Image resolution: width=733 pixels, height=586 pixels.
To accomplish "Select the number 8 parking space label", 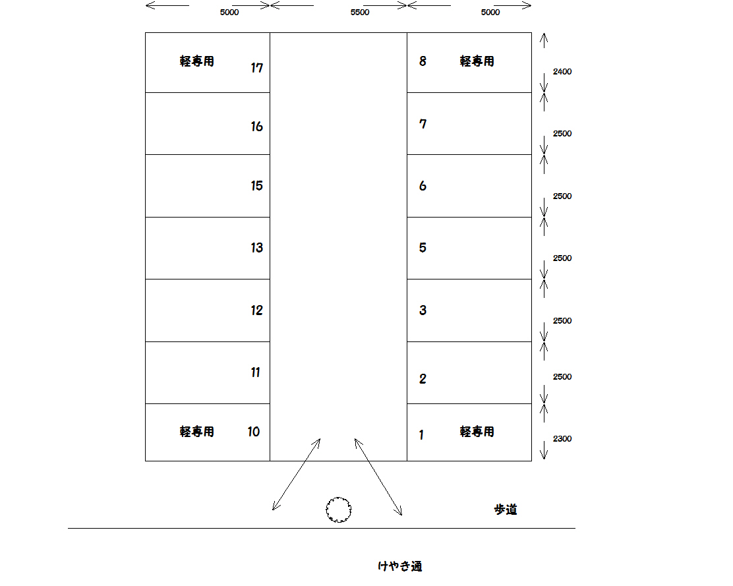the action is [423, 61].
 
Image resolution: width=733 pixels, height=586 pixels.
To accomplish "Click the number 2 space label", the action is [423, 378].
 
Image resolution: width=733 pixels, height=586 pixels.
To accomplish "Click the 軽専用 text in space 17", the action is [197, 61].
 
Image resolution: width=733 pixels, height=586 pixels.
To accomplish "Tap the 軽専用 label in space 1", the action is [477, 431].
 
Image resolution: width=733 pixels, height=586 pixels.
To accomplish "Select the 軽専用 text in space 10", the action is [197, 431].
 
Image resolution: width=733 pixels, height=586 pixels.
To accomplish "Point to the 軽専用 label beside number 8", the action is [477, 61].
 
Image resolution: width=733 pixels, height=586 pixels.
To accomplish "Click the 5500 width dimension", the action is [360, 12].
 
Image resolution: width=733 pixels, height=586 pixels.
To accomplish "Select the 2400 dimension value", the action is [562, 71].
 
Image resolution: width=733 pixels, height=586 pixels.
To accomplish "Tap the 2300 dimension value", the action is [562, 439].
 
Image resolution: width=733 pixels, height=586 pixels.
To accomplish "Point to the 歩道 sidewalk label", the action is [506, 510].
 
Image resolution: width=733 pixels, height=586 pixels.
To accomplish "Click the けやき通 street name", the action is [400, 566].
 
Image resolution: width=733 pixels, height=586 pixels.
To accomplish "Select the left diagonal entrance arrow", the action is [297, 475].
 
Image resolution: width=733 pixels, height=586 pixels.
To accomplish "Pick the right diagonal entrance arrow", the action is [378, 477].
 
